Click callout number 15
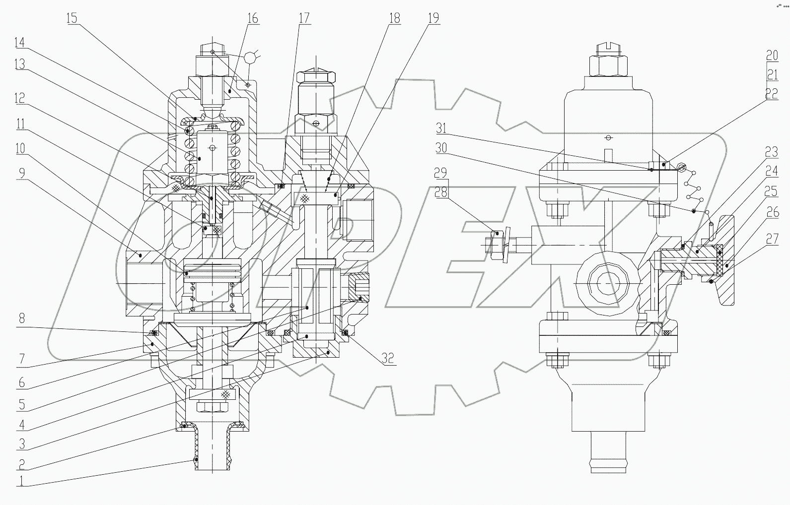[x=72, y=18]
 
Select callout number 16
[x=252, y=18]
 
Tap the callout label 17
[x=304, y=18]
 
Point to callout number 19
[x=433, y=18]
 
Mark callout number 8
[x=21, y=318]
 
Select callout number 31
[x=441, y=128]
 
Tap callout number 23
[x=771, y=151]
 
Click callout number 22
[x=771, y=93]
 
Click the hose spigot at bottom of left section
[x=213, y=446]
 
